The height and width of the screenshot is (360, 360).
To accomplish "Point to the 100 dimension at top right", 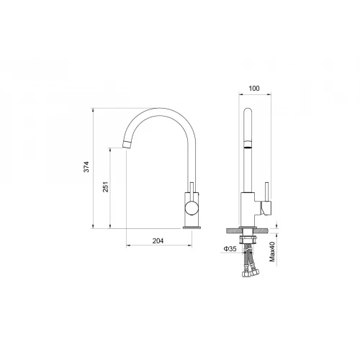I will point(253,89).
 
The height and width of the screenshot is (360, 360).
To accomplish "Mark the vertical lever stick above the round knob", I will point(191,193).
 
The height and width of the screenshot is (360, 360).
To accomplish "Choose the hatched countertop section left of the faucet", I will point(233,230).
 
